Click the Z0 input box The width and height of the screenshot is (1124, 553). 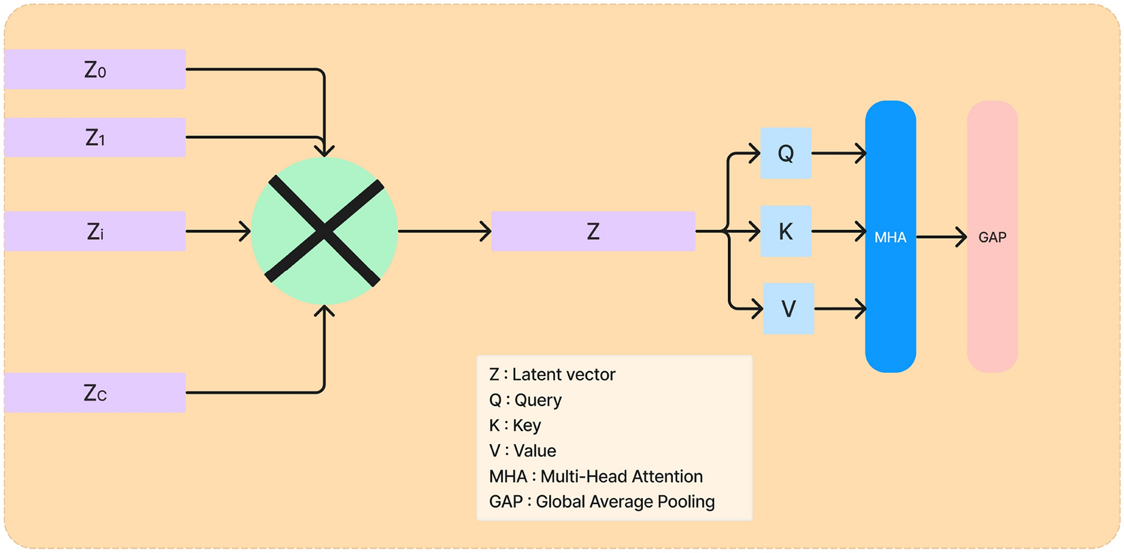click(95, 69)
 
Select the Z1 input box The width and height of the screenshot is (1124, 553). click(95, 137)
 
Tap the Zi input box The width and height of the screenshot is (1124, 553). click(95, 231)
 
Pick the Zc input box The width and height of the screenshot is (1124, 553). click(95, 392)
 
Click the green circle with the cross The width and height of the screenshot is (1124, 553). click(325, 231)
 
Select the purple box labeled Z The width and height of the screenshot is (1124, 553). click(593, 231)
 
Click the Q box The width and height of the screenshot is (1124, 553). click(785, 153)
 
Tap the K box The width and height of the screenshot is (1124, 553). click(785, 231)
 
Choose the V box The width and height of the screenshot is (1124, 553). click(788, 309)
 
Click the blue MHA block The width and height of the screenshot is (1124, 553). click(890, 237)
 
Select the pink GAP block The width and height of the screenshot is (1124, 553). click(992, 237)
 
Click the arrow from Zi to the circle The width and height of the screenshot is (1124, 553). click(218, 231)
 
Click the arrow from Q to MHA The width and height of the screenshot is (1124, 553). click(838, 153)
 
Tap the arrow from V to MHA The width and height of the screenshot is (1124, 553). click(840, 309)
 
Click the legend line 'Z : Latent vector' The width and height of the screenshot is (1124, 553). click(552, 375)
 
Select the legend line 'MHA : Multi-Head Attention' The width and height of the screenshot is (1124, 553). click(595, 476)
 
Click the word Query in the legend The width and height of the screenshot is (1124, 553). click(538, 400)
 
